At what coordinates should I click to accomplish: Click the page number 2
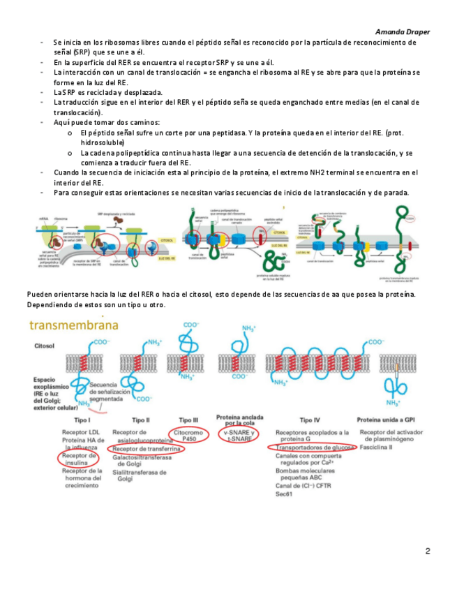point(427,552)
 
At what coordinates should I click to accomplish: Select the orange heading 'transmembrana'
point(73,325)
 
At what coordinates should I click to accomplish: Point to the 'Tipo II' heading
point(140,420)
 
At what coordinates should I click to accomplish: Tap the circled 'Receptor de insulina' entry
point(76,460)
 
